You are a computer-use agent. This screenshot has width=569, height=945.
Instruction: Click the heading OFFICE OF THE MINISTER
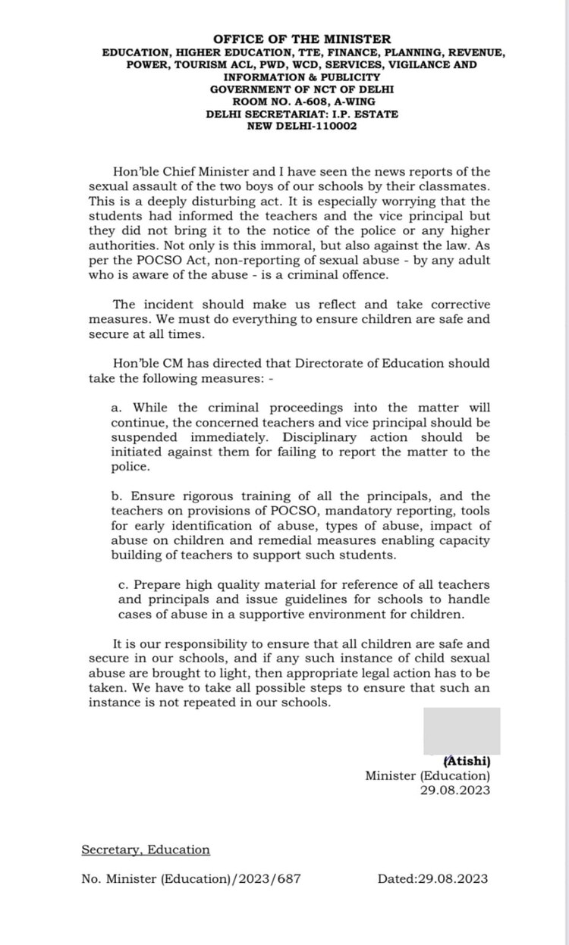point(302,39)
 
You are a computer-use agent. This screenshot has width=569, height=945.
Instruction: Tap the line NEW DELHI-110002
point(302,126)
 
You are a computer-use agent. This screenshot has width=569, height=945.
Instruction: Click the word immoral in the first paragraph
point(307,246)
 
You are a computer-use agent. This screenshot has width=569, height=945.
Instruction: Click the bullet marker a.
point(116,408)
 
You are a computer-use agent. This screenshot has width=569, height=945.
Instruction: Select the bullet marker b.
point(116,496)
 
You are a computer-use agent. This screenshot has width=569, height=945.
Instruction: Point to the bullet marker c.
point(123,585)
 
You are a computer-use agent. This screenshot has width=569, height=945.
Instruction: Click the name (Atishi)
point(466,761)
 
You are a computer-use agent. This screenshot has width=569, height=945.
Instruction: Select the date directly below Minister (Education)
point(455,790)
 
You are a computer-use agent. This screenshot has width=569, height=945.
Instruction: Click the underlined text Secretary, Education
point(146,850)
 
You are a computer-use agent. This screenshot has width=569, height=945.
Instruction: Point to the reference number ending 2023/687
point(191,879)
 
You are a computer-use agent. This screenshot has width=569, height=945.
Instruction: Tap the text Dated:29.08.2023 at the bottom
point(433,879)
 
